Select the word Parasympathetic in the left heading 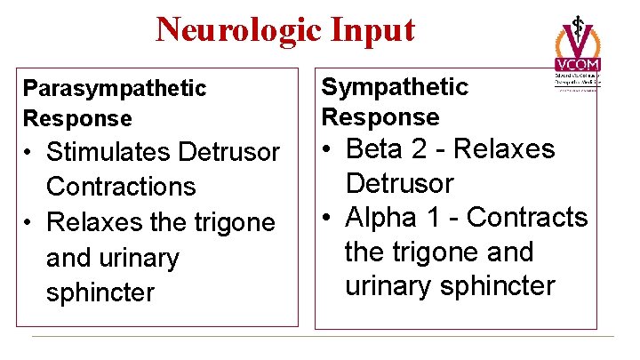point(115,88)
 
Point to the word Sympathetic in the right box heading point(394,86)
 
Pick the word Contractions point(121,187)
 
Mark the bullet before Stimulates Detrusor point(30,153)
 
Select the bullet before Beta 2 point(328,150)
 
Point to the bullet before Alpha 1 point(328,219)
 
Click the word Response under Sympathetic point(380,116)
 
